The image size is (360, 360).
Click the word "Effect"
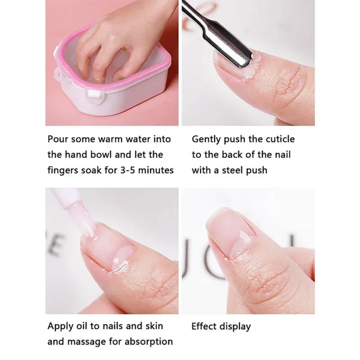[204, 326]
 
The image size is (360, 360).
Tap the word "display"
[234, 326]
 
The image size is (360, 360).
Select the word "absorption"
[146, 342]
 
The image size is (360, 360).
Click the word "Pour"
[58, 139]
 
